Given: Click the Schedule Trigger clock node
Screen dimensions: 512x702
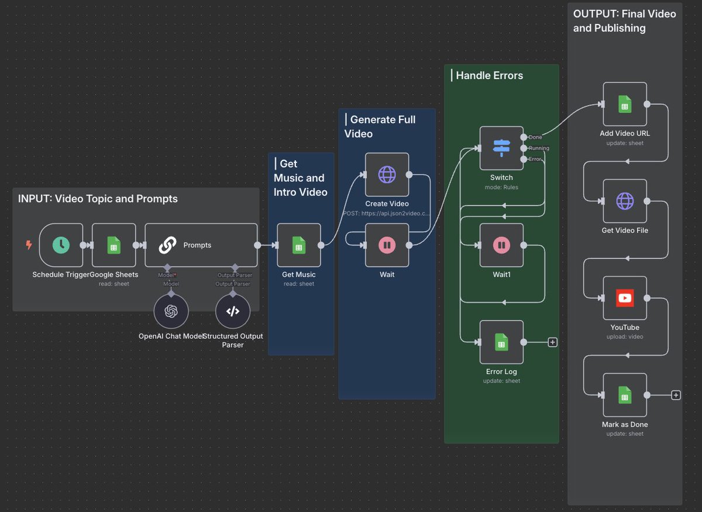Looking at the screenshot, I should (x=61, y=245).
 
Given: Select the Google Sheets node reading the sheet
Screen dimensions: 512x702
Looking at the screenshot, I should (x=114, y=245).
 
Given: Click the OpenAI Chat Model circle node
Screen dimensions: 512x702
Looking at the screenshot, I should (x=171, y=311).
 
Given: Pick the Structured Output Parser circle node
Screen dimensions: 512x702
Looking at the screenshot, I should (x=233, y=311).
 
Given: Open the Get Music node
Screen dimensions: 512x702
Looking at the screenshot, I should (x=298, y=245).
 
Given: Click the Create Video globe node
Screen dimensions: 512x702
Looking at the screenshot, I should (x=387, y=174).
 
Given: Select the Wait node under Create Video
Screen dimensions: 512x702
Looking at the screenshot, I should (x=387, y=245).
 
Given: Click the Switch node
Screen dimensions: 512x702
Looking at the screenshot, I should (x=501, y=148).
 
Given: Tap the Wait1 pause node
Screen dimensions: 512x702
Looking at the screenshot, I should (x=501, y=245).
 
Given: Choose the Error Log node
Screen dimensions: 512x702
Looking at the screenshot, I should (x=501, y=342).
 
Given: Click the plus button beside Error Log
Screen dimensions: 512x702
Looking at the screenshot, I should (x=552, y=342).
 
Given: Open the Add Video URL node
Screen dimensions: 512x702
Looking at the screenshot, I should (x=625, y=104).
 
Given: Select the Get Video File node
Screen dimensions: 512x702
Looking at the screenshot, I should (x=625, y=201).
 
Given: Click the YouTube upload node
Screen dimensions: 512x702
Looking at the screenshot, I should (x=625, y=298).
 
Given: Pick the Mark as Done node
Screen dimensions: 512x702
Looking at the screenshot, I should (x=625, y=396).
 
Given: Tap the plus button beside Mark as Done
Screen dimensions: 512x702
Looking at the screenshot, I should (x=676, y=396).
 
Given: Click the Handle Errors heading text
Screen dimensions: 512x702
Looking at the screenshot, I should (x=489, y=75).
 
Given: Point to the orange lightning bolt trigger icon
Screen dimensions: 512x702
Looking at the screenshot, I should (x=29, y=245).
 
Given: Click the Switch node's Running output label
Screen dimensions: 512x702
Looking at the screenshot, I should (x=538, y=148).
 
